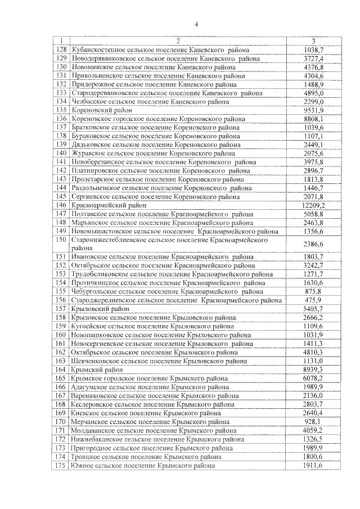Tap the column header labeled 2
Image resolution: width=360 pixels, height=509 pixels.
click(177, 40)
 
